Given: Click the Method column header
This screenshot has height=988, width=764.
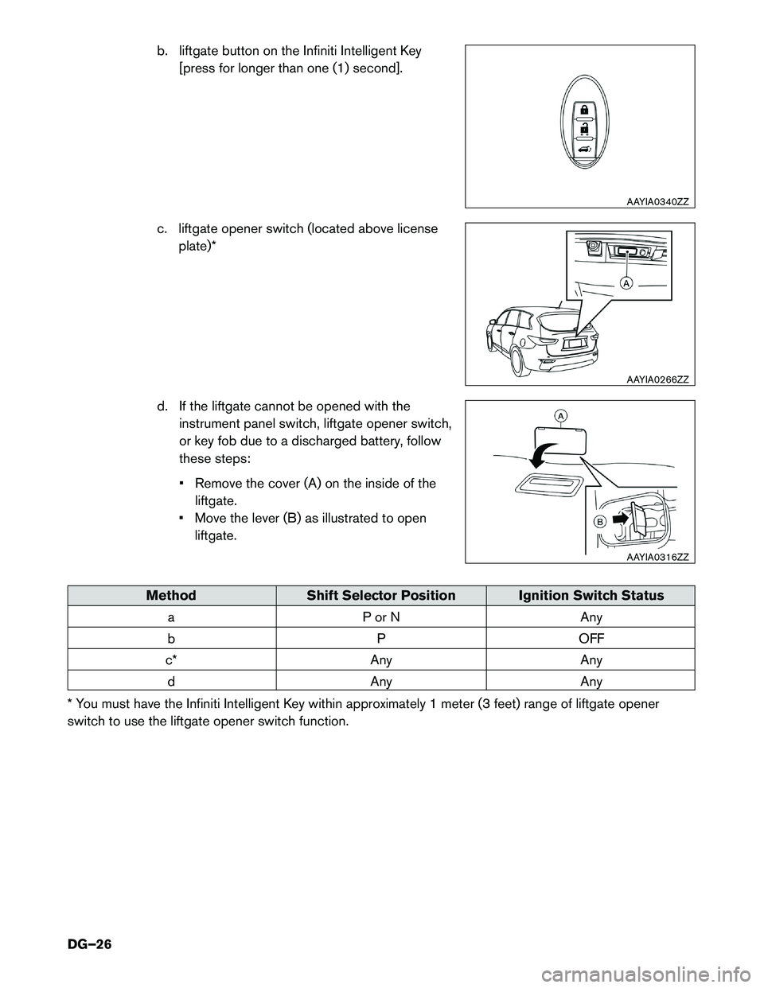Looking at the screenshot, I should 171,595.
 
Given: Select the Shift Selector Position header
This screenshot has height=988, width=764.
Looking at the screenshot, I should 381,595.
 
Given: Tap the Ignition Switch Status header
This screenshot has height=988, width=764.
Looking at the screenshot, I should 591,595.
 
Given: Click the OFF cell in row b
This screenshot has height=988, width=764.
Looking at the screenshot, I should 591,638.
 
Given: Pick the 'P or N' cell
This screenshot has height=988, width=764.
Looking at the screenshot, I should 381,617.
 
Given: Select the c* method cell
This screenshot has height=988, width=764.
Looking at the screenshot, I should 171,659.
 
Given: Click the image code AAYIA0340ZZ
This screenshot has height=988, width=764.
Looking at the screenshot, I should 657,202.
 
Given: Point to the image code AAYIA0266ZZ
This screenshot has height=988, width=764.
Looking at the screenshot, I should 657,379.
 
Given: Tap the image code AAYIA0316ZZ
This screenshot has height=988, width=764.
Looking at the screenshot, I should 657,557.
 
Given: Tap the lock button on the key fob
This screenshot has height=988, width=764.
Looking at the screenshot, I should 584,107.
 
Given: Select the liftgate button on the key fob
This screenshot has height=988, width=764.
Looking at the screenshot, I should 584,149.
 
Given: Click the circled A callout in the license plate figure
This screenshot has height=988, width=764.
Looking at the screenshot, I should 626,284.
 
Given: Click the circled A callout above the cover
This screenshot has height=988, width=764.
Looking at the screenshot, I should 561,416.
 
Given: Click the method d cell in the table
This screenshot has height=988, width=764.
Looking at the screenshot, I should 171,681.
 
